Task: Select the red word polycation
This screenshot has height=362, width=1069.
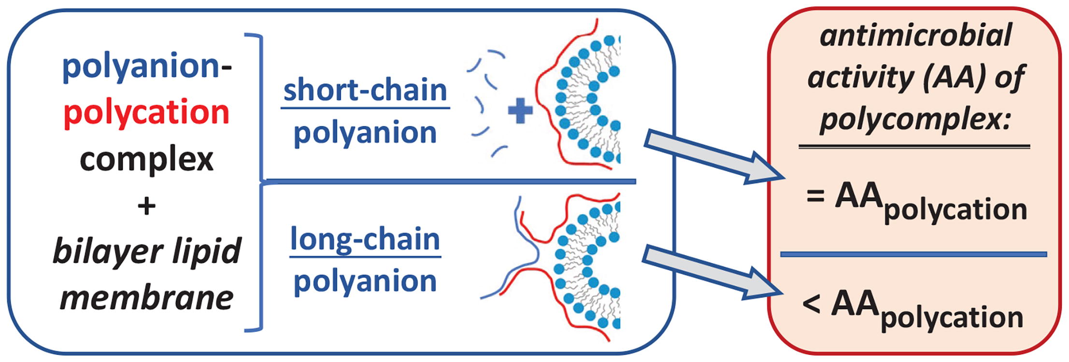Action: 146,112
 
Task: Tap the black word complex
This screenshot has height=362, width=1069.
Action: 146,159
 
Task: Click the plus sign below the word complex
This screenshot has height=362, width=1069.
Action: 146,207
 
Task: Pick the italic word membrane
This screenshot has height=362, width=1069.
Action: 146,298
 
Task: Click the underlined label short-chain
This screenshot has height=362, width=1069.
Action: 365,90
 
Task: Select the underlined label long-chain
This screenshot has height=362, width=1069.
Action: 365,239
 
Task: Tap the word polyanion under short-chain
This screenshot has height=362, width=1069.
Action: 365,133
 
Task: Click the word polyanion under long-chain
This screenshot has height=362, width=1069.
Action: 365,281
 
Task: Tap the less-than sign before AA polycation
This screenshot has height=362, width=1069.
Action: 812,304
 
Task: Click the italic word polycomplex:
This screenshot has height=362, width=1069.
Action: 915,118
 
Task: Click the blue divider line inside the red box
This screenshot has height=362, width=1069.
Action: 913,254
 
